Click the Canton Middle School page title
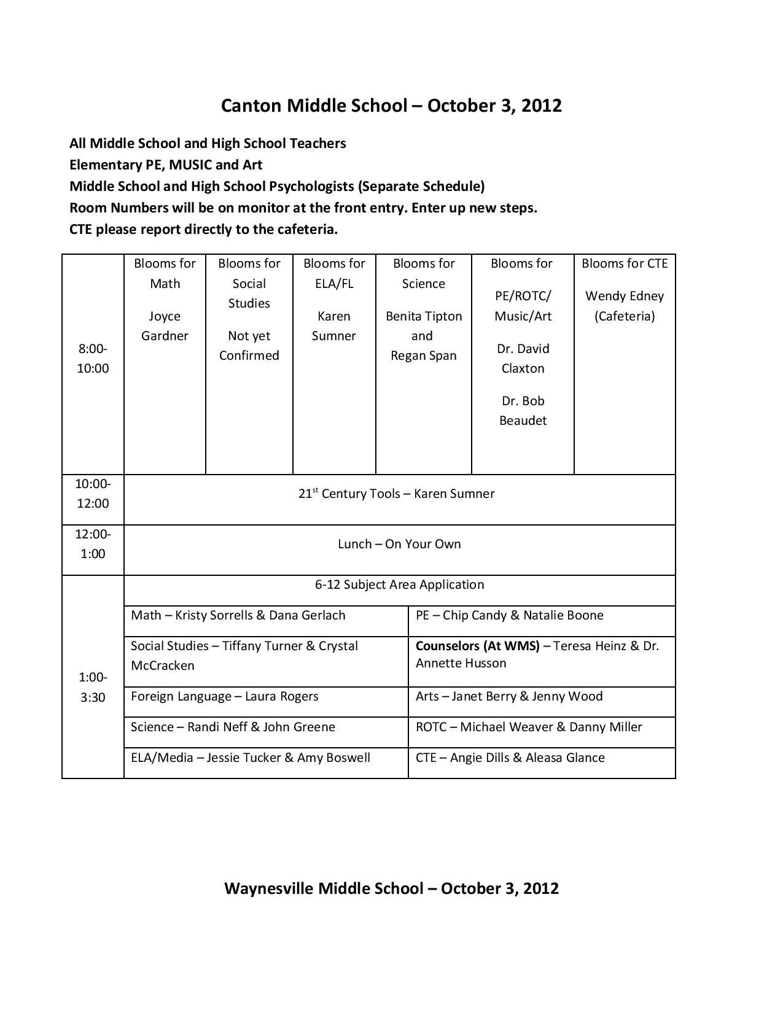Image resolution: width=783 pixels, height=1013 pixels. point(391,106)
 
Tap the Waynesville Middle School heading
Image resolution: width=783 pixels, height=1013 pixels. point(391,888)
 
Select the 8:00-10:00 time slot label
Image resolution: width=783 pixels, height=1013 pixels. point(93,359)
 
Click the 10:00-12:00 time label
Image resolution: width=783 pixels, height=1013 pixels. point(93,494)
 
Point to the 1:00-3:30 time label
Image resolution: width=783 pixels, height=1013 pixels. point(93,687)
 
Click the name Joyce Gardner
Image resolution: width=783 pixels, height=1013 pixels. point(165,326)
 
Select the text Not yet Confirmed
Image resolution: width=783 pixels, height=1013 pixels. point(249,346)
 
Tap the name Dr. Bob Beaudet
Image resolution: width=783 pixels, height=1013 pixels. point(523,411)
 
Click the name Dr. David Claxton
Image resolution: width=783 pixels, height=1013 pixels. point(523,359)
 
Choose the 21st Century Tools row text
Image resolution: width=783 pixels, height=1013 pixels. point(396,494)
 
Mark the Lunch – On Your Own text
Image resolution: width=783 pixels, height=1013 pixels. point(399,544)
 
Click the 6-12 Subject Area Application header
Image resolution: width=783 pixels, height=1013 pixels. point(399,584)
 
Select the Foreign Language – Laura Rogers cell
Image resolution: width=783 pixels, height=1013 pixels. point(225,696)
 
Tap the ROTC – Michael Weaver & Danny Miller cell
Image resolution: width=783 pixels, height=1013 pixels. point(529,727)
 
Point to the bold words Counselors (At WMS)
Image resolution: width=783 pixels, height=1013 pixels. point(477,646)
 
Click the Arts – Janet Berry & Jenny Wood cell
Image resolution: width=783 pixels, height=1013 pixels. point(509,696)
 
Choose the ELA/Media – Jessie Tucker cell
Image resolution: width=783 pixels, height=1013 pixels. point(251,758)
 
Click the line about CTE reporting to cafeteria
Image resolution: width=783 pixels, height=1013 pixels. point(203,230)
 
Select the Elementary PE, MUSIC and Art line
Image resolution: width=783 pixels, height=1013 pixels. point(166,165)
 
